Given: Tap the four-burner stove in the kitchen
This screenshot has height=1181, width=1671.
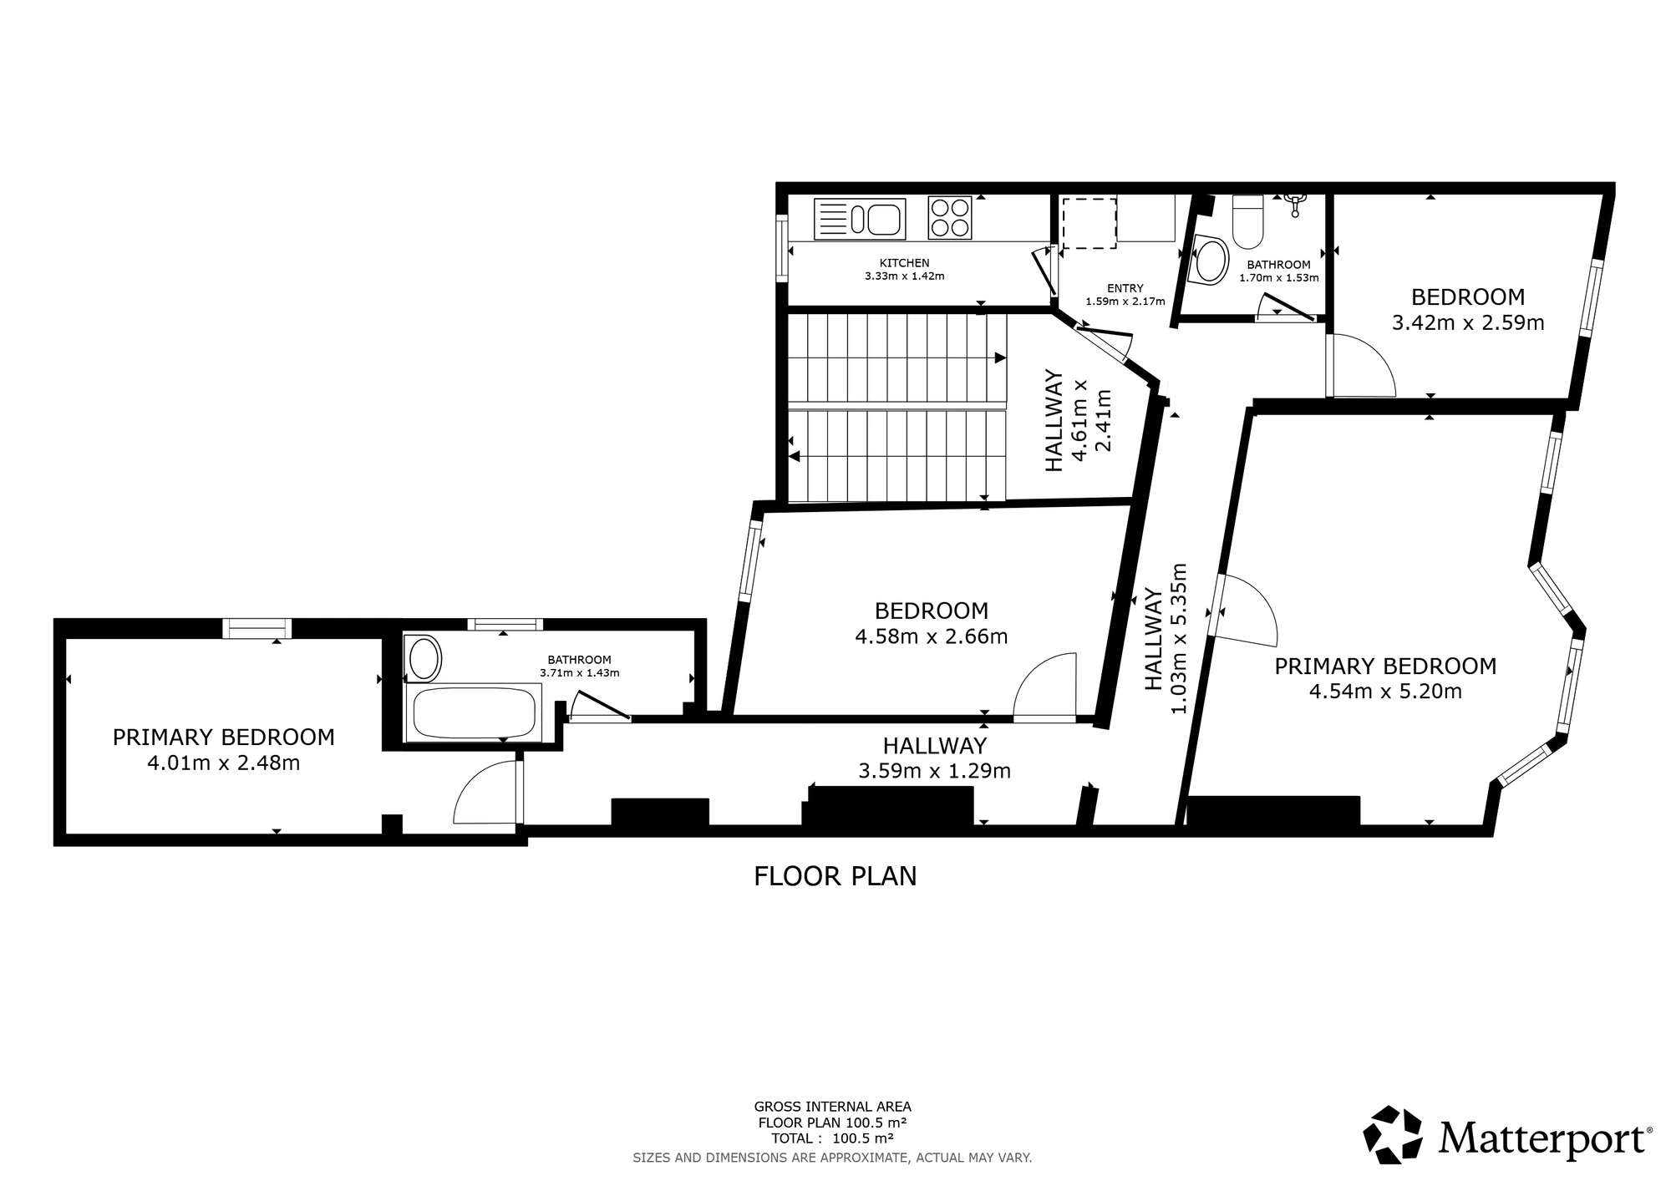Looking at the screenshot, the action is (950, 217).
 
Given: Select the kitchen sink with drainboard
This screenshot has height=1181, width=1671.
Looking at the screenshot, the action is (860, 219).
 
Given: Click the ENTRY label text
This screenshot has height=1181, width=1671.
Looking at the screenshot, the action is (1125, 288).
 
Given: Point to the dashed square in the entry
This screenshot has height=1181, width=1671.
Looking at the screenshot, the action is (1089, 223).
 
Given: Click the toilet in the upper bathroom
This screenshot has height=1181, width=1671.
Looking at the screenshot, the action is (1249, 221).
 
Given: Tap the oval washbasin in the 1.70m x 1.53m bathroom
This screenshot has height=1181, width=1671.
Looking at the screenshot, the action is (1211, 260).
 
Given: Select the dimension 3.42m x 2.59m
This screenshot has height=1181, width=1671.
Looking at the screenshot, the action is (1468, 322).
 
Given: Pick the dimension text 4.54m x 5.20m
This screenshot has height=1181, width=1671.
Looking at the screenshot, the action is (1385, 692).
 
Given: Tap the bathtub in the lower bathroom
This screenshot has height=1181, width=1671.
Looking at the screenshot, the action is (474, 712).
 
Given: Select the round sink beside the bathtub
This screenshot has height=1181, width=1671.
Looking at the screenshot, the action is (424, 658).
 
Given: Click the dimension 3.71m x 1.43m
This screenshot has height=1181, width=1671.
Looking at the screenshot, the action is (580, 672).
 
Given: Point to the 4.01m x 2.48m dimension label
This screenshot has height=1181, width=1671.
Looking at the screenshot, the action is (224, 763).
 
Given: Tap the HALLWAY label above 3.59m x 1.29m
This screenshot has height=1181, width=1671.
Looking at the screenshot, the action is (935, 745).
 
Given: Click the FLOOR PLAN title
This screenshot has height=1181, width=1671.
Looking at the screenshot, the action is (835, 876).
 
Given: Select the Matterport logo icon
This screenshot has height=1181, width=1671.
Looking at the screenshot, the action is (1393, 1133).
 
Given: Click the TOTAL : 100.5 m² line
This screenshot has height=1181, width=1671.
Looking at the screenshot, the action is (832, 1138).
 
